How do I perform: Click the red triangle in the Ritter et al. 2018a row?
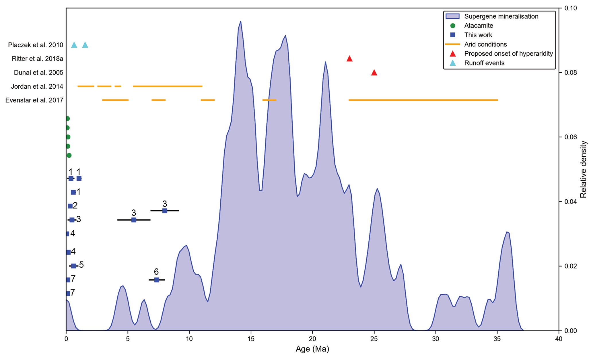click(349, 59)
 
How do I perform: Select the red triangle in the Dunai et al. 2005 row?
click(374, 73)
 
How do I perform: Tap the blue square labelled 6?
click(157, 280)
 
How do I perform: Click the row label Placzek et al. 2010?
click(36, 45)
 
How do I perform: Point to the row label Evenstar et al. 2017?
click(34, 100)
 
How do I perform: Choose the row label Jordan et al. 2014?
click(37, 87)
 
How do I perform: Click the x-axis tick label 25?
click(374, 339)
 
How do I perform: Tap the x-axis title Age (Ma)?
click(312, 349)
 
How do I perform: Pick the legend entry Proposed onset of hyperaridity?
click(508, 54)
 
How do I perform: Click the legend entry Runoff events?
click(484, 63)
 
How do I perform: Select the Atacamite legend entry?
click(479, 26)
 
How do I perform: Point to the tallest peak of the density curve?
click(240, 21)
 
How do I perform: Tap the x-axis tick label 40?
click(559, 339)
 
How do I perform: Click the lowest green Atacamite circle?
click(69, 155)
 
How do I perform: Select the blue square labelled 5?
click(74, 266)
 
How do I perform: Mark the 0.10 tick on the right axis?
click(570, 8)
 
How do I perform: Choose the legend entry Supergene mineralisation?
click(501, 16)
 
